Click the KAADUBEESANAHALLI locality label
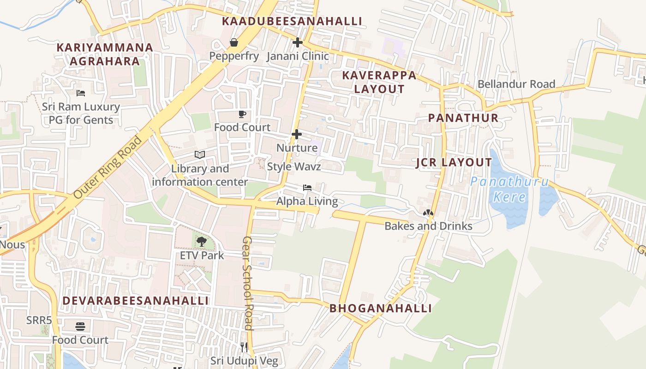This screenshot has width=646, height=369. coord(292,21)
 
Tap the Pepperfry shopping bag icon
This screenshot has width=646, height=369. coord(234,42)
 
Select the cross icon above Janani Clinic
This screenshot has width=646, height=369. coord(298,42)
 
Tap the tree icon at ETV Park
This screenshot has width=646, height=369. coord(202,241)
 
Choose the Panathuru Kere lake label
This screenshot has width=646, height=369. coord(509,189)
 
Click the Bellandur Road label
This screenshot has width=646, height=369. coord(516,84)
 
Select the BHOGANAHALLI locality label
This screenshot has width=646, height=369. coord(381,309)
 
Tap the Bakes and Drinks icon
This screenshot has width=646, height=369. coord(428,213)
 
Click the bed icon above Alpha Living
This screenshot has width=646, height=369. coord(307,188)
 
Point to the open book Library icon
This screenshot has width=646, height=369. coord(199,155)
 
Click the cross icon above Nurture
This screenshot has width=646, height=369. coord(297,134)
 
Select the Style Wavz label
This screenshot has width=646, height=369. coord(293,167)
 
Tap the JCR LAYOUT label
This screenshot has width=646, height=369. coord(454,162)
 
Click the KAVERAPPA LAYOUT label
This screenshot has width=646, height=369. coord(379,82)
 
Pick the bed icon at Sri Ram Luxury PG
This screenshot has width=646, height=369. coord(81,93)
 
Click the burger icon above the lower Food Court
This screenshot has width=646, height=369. coord(80,327)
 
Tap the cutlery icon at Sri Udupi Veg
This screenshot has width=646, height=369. coord(244,347)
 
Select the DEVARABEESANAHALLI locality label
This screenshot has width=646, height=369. coord(136,301)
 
